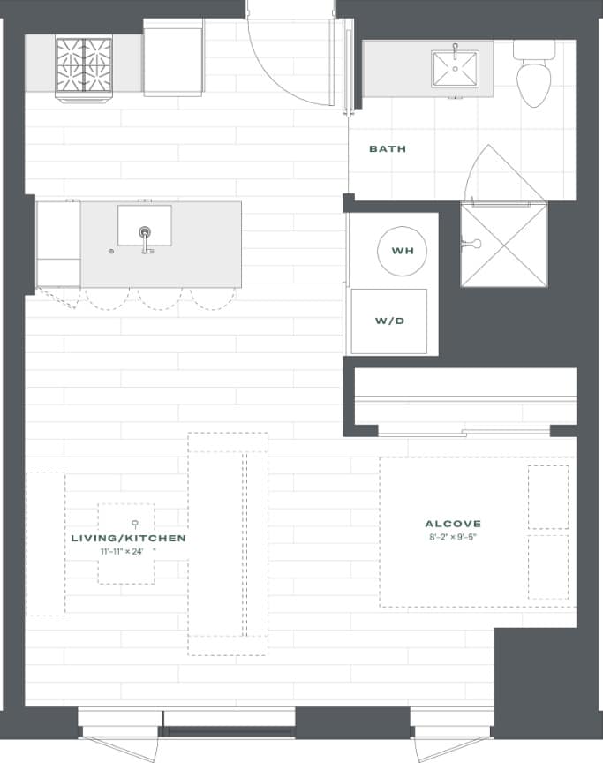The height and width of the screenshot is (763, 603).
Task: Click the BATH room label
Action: click(388, 149)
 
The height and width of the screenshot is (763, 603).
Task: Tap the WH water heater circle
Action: click(403, 252)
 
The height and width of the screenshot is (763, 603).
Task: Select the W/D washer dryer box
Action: click(389, 321)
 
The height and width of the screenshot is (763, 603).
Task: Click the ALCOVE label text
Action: click(453, 524)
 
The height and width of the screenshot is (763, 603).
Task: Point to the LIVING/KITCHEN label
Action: click(128, 538)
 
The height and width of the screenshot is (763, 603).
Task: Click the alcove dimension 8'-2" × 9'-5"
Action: click(453, 537)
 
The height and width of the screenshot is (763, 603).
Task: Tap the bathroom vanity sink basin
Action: click(455, 69)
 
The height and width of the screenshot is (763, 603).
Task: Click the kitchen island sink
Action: click(145, 226)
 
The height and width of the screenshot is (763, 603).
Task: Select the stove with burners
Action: click(84, 65)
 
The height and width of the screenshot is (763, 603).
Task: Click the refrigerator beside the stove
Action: click(173, 61)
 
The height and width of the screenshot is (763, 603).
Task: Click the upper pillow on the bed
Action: click(547, 497)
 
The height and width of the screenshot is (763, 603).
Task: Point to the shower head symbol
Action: click(474, 243)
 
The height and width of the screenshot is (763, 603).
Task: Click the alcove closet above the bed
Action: click(465, 397)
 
